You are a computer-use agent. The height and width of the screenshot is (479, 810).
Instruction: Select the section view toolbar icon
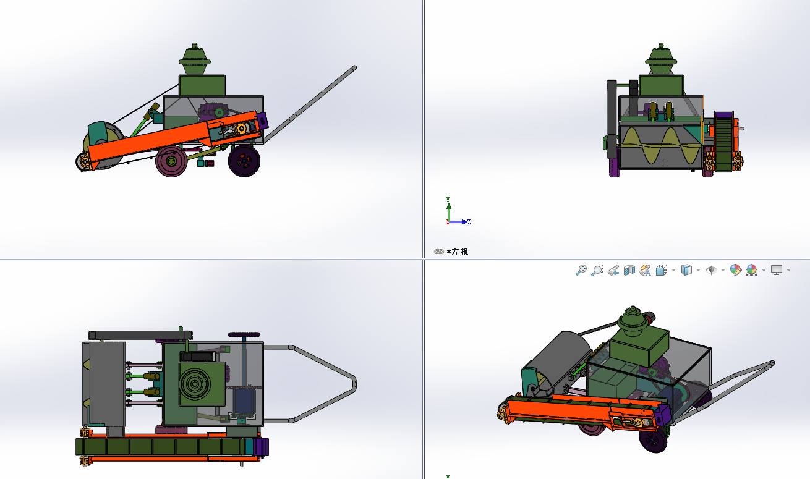click(629, 270)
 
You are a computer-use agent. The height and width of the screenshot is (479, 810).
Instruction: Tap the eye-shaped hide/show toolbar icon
click(711, 270)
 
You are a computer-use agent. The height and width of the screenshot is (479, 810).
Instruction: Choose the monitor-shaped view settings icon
click(777, 270)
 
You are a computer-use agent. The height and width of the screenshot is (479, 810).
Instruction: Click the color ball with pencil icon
click(735, 270)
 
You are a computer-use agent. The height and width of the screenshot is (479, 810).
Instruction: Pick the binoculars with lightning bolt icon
click(645, 270)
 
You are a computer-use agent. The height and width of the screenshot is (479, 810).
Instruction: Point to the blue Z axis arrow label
click(469, 222)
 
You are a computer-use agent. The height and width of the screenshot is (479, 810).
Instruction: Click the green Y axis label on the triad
click(448, 200)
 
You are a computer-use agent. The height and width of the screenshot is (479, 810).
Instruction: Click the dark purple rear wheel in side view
click(244, 161)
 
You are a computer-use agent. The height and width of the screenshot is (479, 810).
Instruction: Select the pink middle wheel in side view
click(171, 161)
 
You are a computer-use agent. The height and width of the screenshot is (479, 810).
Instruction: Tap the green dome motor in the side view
click(195, 59)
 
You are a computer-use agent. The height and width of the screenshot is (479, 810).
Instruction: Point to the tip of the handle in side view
click(354, 68)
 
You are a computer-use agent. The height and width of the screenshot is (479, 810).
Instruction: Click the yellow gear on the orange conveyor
click(241, 129)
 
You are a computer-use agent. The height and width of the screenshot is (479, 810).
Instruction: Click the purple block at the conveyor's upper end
click(263, 121)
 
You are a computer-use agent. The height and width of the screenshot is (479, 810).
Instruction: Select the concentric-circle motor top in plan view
click(195, 384)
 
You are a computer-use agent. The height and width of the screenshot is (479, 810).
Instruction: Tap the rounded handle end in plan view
click(353, 384)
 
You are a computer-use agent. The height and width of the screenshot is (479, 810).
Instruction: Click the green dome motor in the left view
click(661, 59)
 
